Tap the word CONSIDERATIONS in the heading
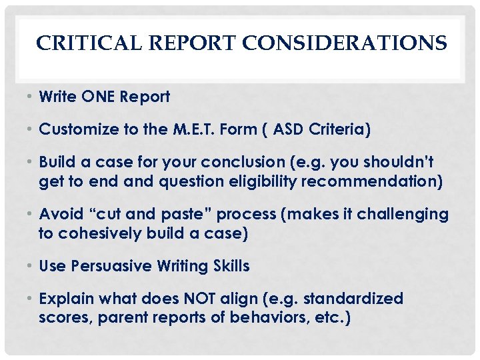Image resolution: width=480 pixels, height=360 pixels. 345,44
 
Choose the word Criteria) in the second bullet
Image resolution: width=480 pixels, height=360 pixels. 341,129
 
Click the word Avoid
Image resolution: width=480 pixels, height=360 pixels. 59,214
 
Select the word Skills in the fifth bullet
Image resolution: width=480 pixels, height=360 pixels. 229,266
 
